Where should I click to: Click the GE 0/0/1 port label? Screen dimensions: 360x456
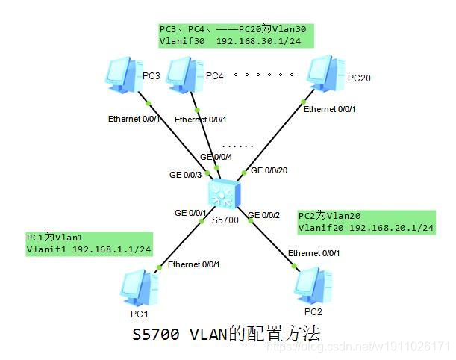190,213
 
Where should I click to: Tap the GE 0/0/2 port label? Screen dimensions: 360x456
263,215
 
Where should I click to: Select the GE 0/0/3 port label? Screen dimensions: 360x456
184,175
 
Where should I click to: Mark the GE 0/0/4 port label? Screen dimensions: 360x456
216,157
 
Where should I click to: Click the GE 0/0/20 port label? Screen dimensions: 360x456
269,170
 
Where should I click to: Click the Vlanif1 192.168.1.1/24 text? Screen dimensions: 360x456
89,249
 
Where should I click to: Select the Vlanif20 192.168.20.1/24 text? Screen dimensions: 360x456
366,227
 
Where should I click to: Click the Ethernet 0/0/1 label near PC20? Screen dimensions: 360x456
329,110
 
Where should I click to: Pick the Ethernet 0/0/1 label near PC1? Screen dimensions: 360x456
194,264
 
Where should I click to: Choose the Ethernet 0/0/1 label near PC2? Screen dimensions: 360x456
313,253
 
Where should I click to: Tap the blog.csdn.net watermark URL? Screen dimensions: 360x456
358,347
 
